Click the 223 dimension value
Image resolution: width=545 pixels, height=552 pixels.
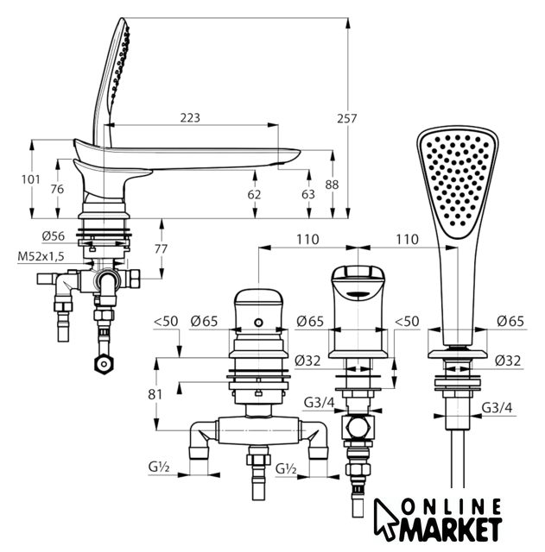(190, 117)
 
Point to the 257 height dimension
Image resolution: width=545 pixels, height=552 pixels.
(347, 119)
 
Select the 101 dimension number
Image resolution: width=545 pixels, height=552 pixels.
(31, 179)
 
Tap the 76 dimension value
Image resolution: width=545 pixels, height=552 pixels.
(57, 189)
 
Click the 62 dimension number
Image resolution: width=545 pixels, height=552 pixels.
(254, 194)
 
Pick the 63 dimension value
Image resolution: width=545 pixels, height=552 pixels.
(308, 194)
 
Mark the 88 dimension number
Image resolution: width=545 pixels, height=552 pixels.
(332, 185)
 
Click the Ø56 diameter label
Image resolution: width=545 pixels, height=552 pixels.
(54, 235)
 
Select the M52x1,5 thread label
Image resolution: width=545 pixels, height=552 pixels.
(41, 256)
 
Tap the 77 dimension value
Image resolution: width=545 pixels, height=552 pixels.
(161, 249)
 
